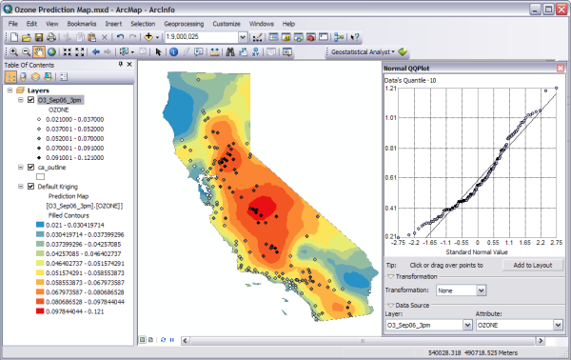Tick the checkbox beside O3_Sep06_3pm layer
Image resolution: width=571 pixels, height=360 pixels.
tap(31, 99)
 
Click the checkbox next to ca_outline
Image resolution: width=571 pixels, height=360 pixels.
tap(31, 167)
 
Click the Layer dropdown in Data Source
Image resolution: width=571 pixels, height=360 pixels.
tap(428, 324)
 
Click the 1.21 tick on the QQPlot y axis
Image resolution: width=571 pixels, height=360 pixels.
tap(391, 90)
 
